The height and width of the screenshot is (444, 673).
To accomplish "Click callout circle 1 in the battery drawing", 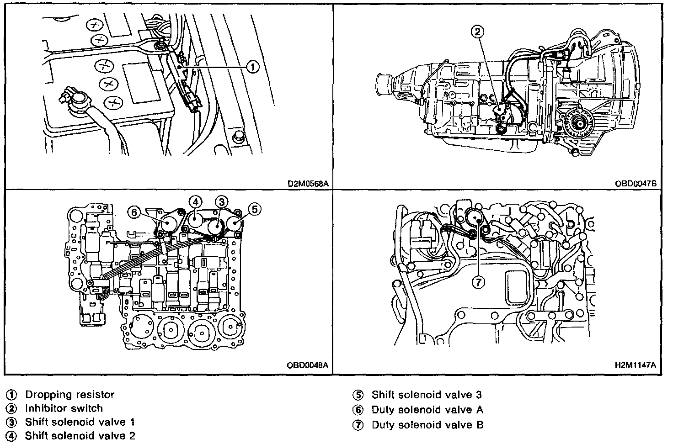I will coord(252,67).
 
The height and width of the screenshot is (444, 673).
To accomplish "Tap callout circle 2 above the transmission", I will coord(477,32).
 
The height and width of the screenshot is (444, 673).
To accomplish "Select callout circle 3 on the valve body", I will coord(222,201).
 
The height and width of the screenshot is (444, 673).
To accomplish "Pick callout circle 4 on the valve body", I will coord(195,201).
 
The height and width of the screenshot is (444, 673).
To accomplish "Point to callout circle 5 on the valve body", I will coord(254,209).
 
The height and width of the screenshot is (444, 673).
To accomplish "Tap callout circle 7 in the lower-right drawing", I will coord(478,283).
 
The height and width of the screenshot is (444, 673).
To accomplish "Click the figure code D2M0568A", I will coord(309,184).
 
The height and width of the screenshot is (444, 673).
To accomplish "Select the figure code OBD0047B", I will coord(636,184).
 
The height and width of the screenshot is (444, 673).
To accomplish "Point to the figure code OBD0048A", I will coord(308,365).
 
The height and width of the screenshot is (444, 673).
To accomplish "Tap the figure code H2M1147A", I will coord(636,365).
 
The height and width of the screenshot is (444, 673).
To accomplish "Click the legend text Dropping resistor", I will coord(69,394).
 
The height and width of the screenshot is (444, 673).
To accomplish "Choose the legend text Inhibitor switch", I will coord(64,408).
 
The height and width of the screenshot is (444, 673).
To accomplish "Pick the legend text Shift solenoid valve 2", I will coord(80,435).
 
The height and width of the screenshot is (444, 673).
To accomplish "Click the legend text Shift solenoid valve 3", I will coord(427,394).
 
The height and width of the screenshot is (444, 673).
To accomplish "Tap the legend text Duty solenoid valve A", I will coord(427,410).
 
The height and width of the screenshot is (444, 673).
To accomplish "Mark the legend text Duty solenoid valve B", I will coord(427,425).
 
